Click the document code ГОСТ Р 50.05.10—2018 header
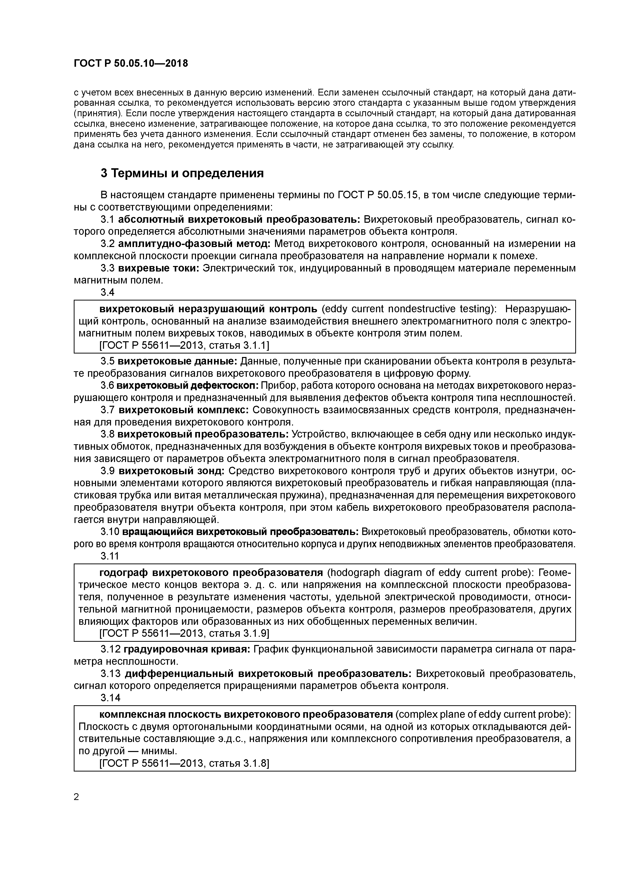click(x=131, y=63)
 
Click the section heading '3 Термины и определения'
click(x=182, y=173)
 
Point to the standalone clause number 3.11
click(x=110, y=556)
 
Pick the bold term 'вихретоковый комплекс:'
click(x=184, y=410)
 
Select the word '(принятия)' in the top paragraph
click(x=98, y=113)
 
